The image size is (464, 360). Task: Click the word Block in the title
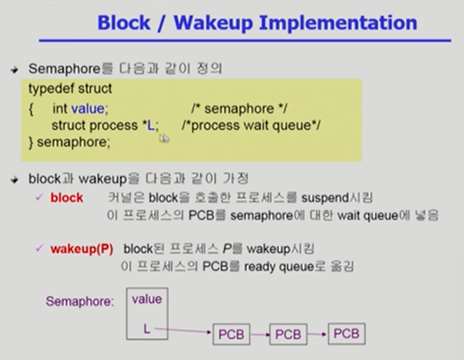(x=124, y=23)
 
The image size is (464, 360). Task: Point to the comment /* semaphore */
(x=240, y=109)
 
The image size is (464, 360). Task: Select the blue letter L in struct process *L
(x=151, y=125)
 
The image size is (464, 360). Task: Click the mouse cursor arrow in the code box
(x=164, y=138)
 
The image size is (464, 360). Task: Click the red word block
(x=66, y=198)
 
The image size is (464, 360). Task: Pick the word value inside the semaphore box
(x=146, y=299)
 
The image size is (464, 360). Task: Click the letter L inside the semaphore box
(x=147, y=329)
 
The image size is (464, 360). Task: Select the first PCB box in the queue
(x=231, y=334)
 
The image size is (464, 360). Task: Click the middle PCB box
(x=287, y=334)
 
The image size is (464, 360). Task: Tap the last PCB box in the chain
(x=346, y=334)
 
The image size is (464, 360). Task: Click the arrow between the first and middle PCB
(x=260, y=334)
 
